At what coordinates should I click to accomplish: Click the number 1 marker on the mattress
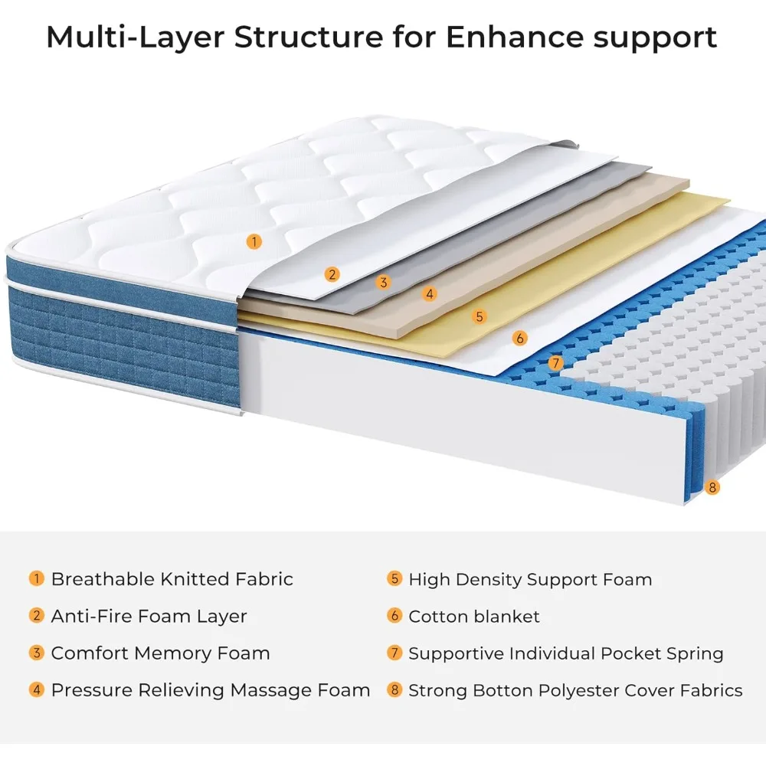click(254, 241)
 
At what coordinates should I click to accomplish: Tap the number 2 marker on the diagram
click(332, 273)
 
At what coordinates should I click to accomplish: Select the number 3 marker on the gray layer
click(384, 282)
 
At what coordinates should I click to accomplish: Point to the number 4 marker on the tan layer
click(430, 293)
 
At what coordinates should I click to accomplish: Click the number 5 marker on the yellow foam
click(480, 316)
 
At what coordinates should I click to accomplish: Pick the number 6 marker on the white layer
click(520, 337)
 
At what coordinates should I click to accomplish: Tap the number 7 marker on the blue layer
click(556, 363)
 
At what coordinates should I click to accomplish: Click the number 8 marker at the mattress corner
click(712, 486)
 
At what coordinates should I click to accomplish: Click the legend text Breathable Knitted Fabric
click(172, 579)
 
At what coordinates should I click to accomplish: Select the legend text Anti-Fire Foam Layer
click(149, 616)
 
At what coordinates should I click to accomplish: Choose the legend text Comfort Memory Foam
click(160, 653)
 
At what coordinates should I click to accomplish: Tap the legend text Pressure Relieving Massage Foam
click(211, 690)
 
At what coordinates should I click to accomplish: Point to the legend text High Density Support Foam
click(530, 579)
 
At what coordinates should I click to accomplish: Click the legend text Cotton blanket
click(473, 616)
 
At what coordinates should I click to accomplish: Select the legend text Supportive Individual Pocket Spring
click(565, 653)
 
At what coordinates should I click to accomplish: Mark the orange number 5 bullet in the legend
click(394, 578)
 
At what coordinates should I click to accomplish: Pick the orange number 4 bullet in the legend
click(37, 689)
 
